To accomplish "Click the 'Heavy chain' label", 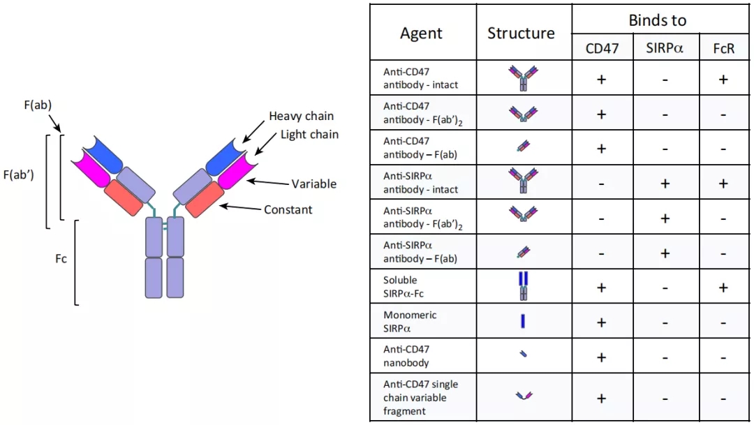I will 301,117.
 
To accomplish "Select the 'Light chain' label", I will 309,135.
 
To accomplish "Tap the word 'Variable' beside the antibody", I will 313,184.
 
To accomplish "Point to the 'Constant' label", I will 288,209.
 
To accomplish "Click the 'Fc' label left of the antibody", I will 61,259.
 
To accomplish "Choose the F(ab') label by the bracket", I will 20,174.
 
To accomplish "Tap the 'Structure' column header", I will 521,33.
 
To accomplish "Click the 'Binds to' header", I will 657,20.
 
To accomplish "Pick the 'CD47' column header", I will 601,48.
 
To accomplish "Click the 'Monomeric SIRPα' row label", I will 410,322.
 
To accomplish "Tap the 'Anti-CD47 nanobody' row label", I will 406,356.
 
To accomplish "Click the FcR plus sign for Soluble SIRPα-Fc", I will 723,288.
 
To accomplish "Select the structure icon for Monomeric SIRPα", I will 523,321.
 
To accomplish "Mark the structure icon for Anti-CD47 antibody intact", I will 523,78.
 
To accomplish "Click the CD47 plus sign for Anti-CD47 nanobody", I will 601,357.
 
